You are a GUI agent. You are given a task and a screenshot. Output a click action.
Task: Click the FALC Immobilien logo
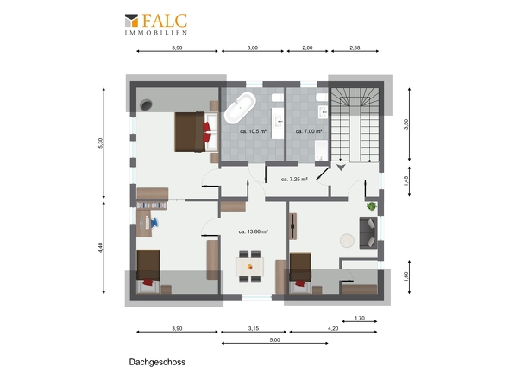pyautogui.click(x=156, y=24)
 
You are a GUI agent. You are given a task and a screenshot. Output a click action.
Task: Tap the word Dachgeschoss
pyautogui.click(x=157, y=362)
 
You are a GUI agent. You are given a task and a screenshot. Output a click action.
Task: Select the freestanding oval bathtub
pyautogui.click(x=240, y=108)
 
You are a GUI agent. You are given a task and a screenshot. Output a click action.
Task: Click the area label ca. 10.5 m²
pyautogui.click(x=253, y=131)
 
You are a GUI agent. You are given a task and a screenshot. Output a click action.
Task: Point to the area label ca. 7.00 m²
pyautogui.click(x=309, y=131)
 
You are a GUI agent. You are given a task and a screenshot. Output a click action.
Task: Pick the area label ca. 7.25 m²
pyautogui.click(x=294, y=179)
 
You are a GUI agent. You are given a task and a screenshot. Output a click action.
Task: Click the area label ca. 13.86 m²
pyautogui.click(x=253, y=231)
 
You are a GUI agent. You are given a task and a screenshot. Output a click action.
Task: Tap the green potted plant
pyautogui.click(x=371, y=206)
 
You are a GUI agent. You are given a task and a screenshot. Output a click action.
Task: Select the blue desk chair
pyautogui.click(x=154, y=223)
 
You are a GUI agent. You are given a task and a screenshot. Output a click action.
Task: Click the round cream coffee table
pyautogui.click(x=347, y=241)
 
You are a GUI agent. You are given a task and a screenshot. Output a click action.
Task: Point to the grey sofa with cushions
pyautogui.click(x=368, y=232)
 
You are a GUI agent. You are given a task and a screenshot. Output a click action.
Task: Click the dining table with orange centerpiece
pyautogui.click(x=249, y=267)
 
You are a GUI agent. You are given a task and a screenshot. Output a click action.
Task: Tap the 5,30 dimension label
pyautogui.click(x=100, y=143)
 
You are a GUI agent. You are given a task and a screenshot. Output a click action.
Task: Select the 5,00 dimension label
pyautogui.click(x=274, y=339)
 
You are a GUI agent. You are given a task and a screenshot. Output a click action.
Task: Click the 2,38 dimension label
pyautogui.click(x=355, y=47)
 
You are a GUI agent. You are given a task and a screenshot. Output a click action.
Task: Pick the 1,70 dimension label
pyautogui.click(x=360, y=318)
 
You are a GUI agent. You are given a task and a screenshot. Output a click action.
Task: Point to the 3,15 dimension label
pyautogui.click(x=254, y=328)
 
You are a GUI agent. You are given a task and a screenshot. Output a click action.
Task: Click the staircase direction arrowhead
pyautogui.click(x=341, y=168)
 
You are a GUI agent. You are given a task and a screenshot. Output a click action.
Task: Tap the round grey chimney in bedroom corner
pyautogui.click(x=146, y=104)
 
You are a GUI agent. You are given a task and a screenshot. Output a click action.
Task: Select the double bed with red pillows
pyautogui.click(x=196, y=131)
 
